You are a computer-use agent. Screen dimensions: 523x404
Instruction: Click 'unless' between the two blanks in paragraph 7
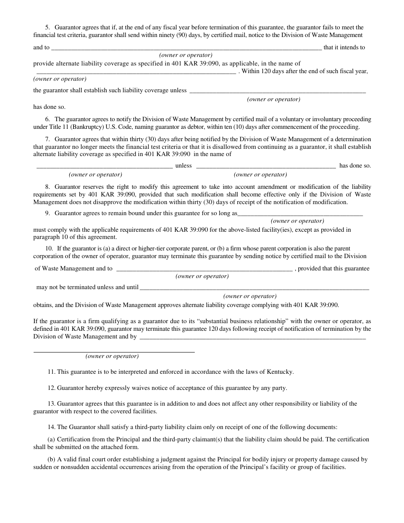click(184, 165)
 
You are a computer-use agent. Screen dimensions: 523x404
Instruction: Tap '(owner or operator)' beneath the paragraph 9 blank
click(297, 221)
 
